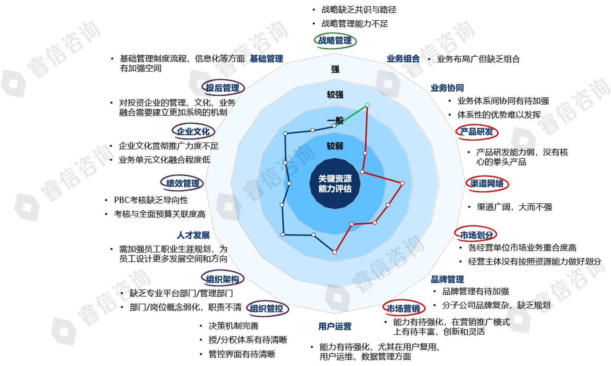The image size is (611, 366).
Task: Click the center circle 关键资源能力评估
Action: click(335, 184)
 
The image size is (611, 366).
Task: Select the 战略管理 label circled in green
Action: click(335, 41)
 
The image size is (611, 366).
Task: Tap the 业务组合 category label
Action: click(403, 59)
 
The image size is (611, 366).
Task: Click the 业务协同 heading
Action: click(447, 88)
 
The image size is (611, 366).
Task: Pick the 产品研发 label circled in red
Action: click(477, 132)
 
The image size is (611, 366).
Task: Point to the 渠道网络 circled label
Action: click(487, 184)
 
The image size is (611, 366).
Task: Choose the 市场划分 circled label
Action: click(476, 235)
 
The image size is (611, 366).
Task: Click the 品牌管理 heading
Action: click(447, 279)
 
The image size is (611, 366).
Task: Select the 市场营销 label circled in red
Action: click(403, 308)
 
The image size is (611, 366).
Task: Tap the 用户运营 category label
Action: click(335, 327)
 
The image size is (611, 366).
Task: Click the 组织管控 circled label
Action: click(267, 308)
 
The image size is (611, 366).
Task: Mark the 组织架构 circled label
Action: click(222, 279)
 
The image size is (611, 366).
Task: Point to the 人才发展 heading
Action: click(193, 235)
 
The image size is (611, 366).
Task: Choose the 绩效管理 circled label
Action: click(182, 184)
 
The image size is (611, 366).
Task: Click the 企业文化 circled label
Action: click(193, 132)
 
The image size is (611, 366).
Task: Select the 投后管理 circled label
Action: click(223, 88)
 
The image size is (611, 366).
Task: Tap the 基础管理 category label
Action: click(266, 59)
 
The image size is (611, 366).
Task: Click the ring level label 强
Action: click(335, 69)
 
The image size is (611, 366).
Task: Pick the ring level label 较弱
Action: click(335, 146)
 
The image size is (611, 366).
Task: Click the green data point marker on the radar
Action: click(368, 105)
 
